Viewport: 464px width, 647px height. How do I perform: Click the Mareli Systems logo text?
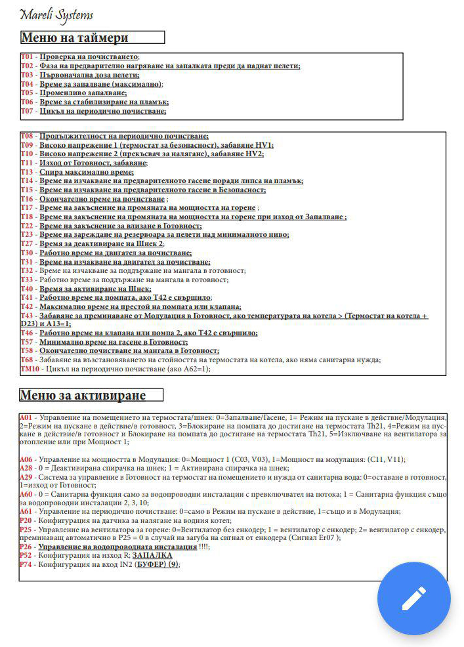[x=56, y=14]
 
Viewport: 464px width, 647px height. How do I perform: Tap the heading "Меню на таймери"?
[x=75, y=37]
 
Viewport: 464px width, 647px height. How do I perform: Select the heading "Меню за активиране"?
[x=82, y=395]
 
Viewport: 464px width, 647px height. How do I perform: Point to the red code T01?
[x=27, y=57]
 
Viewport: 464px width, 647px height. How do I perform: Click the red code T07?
[x=27, y=112]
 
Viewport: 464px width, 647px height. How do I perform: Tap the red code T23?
[x=27, y=234]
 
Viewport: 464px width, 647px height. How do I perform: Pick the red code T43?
[x=27, y=316]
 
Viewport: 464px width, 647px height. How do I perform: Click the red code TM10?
[x=30, y=369]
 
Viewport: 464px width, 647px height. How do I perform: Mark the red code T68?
[x=27, y=360]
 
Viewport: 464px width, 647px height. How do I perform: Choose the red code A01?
[x=26, y=417]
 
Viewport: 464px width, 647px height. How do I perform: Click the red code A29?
[x=26, y=477]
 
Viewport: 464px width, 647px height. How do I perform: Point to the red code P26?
[x=26, y=547]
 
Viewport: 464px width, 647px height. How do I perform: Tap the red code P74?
[x=26, y=564]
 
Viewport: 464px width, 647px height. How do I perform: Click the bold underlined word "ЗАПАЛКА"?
[x=152, y=555]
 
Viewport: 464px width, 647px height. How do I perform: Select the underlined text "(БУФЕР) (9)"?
[x=156, y=564]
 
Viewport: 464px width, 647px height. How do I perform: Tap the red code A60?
[x=26, y=494]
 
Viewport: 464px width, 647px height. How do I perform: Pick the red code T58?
[x=27, y=350]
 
